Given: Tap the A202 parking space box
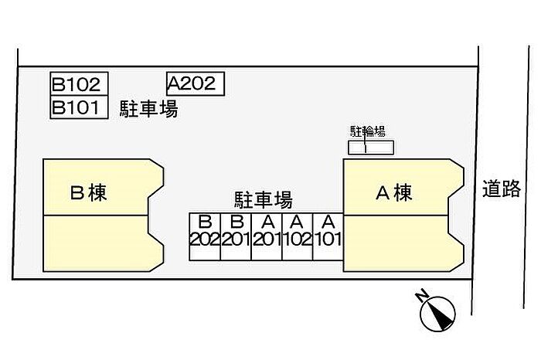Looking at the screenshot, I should [195, 83].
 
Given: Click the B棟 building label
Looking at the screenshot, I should [87, 192].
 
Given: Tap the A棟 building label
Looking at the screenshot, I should [393, 192].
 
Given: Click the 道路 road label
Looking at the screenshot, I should [502, 189].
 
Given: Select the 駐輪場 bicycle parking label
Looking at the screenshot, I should [368, 131].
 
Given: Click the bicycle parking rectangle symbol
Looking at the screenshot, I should [370, 147].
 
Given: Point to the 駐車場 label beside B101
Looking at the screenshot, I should [148, 110].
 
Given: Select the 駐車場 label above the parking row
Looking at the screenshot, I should [263, 201].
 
